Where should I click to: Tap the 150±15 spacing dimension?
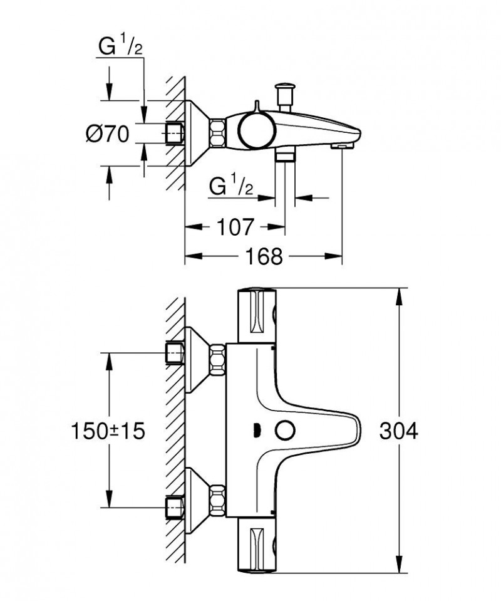pos(108,431)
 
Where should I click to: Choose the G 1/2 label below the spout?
pos(231,187)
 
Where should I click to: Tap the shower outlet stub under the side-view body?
pos(286,155)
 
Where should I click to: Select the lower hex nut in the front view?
pos(219,499)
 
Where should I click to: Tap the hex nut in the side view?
pos(218,133)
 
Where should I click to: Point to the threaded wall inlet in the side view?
pos(174,133)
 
